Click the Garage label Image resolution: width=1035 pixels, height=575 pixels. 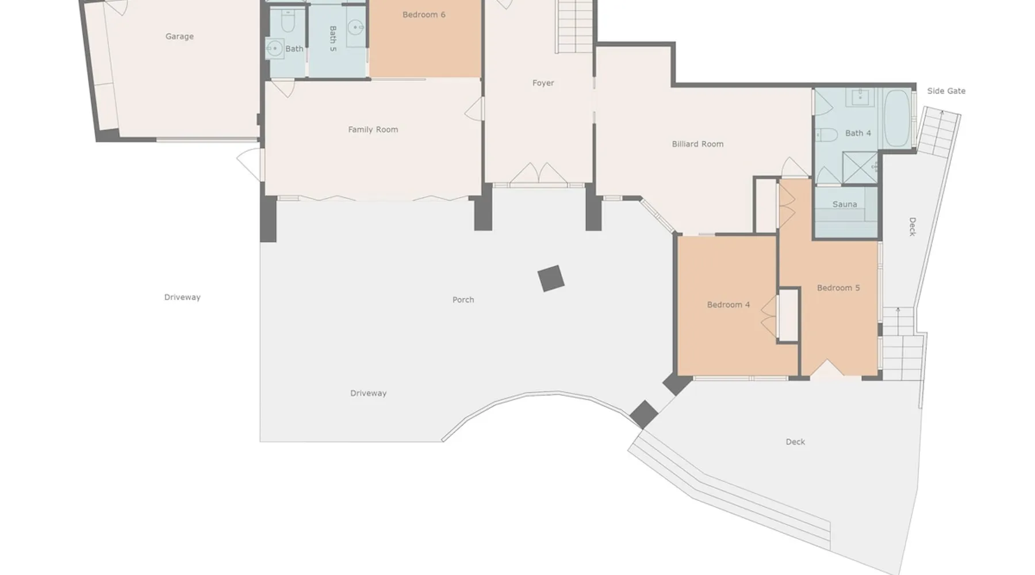click(179, 36)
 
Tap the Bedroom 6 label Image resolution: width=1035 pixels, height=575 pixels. click(424, 14)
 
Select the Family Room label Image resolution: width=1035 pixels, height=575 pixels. click(373, 129)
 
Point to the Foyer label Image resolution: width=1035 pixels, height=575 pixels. click(543, 83)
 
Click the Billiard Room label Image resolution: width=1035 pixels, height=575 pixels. click(697, 144)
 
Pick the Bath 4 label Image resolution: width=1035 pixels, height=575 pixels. click(858, 133)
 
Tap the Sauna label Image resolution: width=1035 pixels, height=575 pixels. click(845, 204)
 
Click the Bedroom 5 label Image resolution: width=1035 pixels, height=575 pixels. click(838, 287)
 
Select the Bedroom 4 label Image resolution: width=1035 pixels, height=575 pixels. click(729, 305)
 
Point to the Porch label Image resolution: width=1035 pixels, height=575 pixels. click(463, 300)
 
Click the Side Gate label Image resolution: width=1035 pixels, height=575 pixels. click(946, 91)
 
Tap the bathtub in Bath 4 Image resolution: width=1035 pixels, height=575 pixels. click(897, 118)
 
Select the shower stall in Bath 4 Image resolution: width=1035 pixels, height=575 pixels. click(860, 168)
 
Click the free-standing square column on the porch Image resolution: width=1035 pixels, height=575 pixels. click(551, 279)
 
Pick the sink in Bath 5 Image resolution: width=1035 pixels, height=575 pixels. click(357, 27)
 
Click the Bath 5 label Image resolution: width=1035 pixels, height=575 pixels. click(333, 39)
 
